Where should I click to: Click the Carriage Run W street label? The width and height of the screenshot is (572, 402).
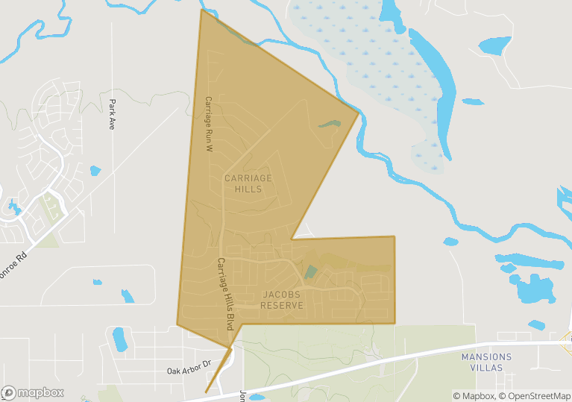coord(210,124)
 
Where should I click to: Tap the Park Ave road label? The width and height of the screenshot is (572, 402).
coord(112,115)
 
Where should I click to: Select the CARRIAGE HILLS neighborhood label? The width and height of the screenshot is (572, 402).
coord(248,183)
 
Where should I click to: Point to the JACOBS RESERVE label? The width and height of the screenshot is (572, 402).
coord(283,300)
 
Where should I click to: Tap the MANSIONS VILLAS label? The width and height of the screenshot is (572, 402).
coord(486,362)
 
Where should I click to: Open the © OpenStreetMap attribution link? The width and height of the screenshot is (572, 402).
coord(535,395)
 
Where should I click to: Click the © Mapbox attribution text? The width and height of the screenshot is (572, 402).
coord(474,395)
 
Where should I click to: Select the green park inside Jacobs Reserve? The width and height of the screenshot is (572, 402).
coord(310,272)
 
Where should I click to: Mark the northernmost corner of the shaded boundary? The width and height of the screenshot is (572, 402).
coord(201,10)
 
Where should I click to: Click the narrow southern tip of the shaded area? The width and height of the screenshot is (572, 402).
coord(207,392)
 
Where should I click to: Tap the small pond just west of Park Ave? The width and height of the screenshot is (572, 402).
coord(95,171)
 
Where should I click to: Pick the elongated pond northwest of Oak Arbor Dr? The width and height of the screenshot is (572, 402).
coord(119,339)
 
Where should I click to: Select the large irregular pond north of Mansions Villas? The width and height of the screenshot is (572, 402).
coord(532,288)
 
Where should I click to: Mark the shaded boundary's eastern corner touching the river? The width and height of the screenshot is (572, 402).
coord(359,113)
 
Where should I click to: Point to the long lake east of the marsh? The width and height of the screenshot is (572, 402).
coord(436,82)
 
